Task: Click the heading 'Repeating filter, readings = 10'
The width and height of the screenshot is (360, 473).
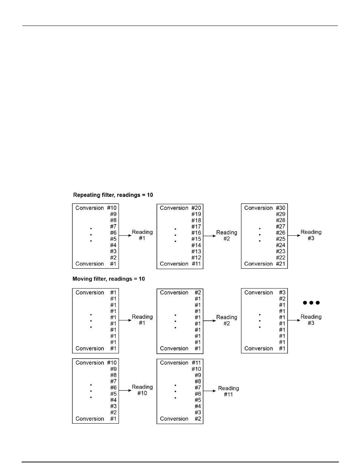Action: (113, 195)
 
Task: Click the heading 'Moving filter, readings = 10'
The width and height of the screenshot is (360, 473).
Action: (108, 279)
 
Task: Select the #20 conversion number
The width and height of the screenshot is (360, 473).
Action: (196, 208)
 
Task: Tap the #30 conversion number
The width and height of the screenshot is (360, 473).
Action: (280, 208)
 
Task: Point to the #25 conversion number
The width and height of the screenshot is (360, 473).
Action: (280, 239)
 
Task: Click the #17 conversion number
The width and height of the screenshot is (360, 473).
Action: (196, 227)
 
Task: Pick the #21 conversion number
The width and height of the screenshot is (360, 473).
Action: (280, 264)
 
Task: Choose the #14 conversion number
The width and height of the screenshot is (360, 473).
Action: (196, 245)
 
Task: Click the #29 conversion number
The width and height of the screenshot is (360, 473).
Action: (280, 214)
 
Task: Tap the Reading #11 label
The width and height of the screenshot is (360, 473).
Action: (229, 391)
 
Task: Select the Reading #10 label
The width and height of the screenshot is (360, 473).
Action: (142, 390)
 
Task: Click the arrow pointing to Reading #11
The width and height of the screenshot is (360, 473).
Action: (210, 390)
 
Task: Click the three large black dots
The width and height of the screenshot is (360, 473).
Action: (311, 302)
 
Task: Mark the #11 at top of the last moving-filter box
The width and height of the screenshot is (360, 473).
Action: (196, 363)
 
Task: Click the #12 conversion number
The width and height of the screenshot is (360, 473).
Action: (196, 258)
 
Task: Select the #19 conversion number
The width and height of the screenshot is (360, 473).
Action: (196, 214)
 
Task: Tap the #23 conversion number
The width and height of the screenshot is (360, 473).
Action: (280, 251)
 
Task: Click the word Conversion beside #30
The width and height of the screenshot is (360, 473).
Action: (258, 208)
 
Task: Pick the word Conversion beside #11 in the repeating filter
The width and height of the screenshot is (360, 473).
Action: (174, 264)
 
